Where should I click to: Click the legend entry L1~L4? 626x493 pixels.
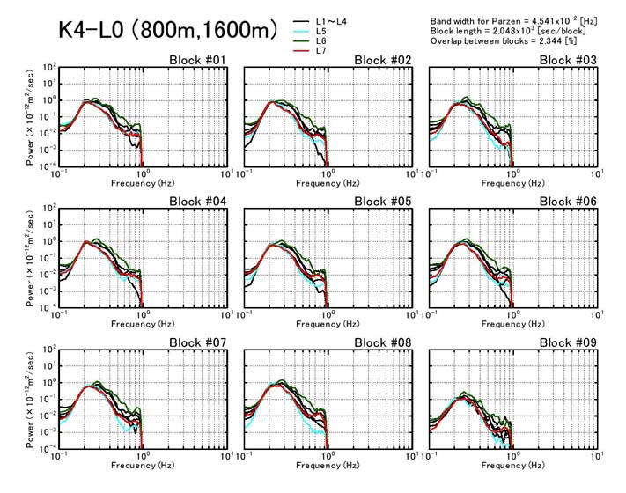333,20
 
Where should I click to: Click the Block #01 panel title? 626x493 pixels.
199,60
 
